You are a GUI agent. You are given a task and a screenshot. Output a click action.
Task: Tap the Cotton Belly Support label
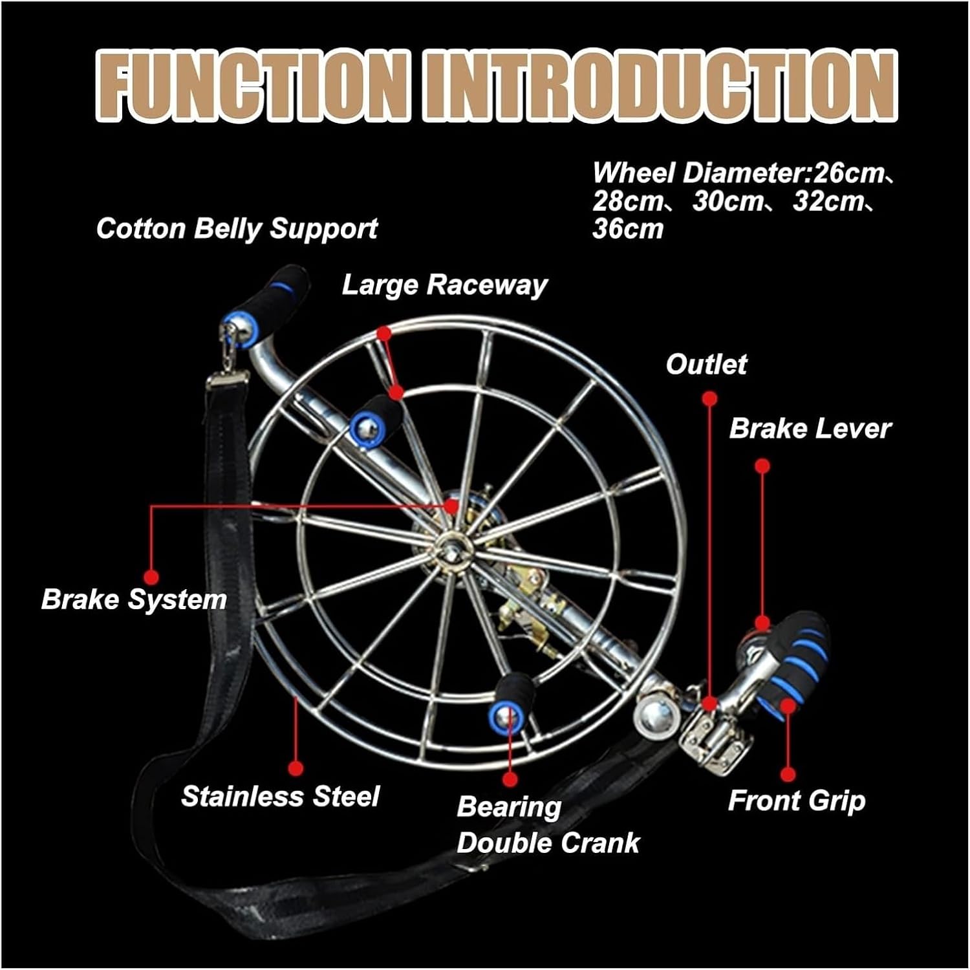pos(237,229)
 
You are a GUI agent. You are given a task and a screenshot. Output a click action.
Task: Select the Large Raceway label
pos(444,285)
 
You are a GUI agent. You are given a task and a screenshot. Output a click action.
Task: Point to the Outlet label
pos(706,365)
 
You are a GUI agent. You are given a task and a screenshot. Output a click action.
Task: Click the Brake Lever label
pos(810,429)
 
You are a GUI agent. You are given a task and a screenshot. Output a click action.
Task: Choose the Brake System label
pos(134,599)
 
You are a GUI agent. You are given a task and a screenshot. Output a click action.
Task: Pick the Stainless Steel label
pos(280,796)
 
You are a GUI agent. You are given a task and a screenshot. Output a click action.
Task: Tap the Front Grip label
pos(797,801)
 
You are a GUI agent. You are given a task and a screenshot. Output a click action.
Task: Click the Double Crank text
pos(548,843)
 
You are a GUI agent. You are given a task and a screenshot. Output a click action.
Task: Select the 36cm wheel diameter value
pos(628,229)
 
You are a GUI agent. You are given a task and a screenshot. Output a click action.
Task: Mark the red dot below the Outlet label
pos(709,398)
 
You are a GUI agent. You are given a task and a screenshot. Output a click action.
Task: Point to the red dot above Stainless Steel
pos(296,768)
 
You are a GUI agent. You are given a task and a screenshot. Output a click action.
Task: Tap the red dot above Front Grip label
pos(788,773)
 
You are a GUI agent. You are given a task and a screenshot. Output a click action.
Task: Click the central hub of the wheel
pos(449,543)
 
